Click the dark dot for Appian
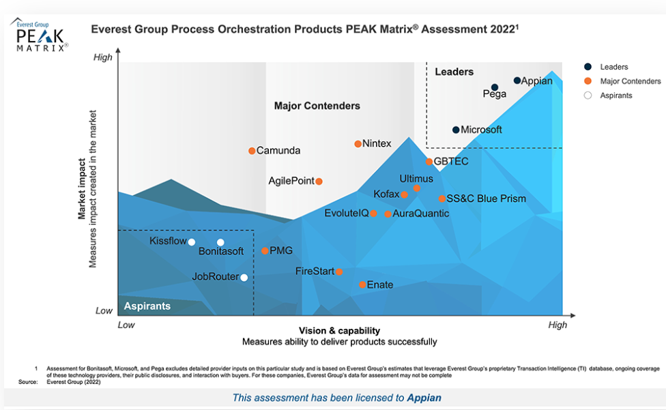517,80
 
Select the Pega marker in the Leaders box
495,87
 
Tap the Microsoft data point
456,130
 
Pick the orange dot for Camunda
252,151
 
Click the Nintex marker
358,144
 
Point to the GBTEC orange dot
429,162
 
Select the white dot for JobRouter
244,277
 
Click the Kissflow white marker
192,242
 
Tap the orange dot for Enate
362,284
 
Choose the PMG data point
265,251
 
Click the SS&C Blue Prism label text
487,199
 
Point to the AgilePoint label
291,181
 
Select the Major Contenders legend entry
631,81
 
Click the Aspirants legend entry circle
588,96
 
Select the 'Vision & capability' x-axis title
338,330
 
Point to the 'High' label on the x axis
558,325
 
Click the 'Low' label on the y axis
104,310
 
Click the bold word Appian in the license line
424,398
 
